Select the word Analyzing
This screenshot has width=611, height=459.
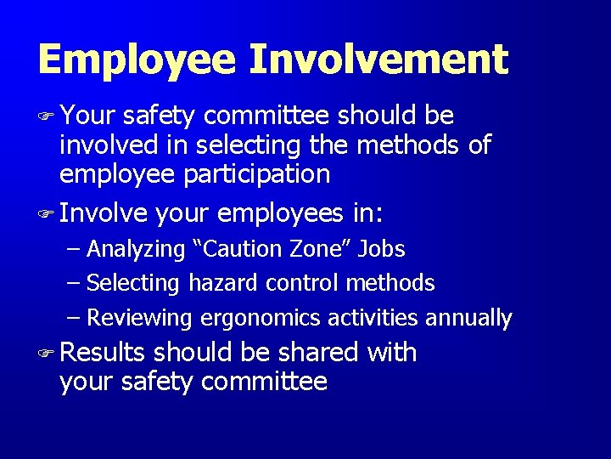[136, 250]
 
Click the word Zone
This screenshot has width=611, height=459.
[326, 249]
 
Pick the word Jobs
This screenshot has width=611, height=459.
[381, 250]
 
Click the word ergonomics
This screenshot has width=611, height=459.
[260, 319]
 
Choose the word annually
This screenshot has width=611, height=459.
[468, 319]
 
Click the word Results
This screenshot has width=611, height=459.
[103, 352]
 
